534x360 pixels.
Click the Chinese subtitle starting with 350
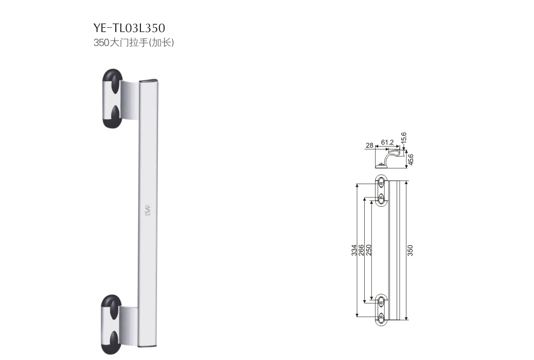coord(134,43)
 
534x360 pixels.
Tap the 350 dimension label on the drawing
coord(410,250)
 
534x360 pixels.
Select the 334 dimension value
coord(354,250)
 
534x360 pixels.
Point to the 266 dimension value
coord(362,250)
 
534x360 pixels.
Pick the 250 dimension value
coord(369,250)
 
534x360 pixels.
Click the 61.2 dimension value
coord(387,141)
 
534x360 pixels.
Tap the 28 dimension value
coord(369,146)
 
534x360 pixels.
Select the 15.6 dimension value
coord(404,138)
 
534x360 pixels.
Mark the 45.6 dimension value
coord(411,159)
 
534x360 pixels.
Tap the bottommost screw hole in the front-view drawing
coord(381,317)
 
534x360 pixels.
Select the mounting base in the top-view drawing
coord(381,165)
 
